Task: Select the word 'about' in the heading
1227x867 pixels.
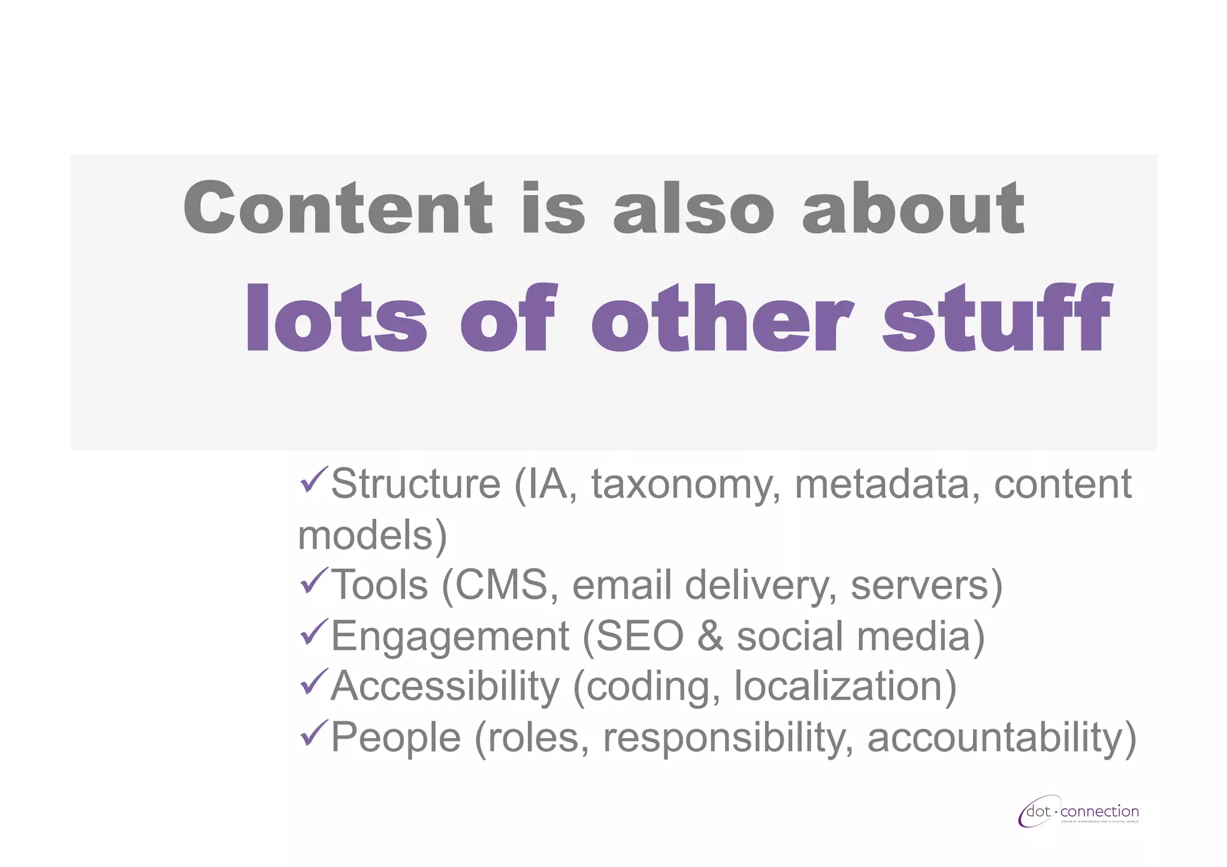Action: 913,208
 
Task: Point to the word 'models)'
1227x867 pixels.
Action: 372,535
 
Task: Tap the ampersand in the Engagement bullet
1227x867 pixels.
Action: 711,636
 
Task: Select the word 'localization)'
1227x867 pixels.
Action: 845,686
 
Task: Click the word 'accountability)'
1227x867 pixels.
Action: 1001,737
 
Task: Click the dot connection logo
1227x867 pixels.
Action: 1078,812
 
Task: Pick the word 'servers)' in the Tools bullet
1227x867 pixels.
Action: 926,585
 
